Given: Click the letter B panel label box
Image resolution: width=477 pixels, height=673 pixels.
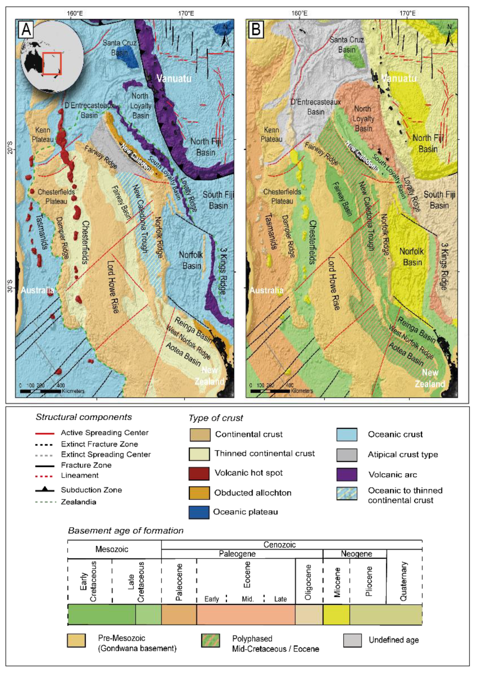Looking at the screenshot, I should pyautogui.click(x=256, y=29).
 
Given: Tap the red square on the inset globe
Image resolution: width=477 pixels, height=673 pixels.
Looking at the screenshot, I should pyautogui.click(x=52, y=64).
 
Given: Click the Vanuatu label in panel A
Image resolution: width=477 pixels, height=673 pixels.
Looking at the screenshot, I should pyautogui.click(x=174, y=79).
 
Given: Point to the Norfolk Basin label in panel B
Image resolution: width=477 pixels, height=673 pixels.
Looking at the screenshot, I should pyautogui.click(x=412, y=257).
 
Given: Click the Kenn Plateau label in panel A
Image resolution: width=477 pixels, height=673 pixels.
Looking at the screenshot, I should pyautogui.click(x=43, y=135).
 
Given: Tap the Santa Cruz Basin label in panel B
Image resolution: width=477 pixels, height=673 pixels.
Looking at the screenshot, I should pyautogui.click(x=346, y=44).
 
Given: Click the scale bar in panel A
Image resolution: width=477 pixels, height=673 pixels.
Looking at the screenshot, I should pyautogui.click(x=40, y=391).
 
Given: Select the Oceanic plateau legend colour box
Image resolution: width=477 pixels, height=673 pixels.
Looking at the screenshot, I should pyautogui.click(x=199, y=512).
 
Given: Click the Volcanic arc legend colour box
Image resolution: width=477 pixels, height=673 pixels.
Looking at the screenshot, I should pyautogui.click(x=347, y=474).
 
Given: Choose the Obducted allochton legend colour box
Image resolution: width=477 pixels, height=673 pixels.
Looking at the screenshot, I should pyautogui.click(x=199, y=493).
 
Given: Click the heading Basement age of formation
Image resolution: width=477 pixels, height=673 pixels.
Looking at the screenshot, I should pyautogui.click(x=126, y=530).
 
